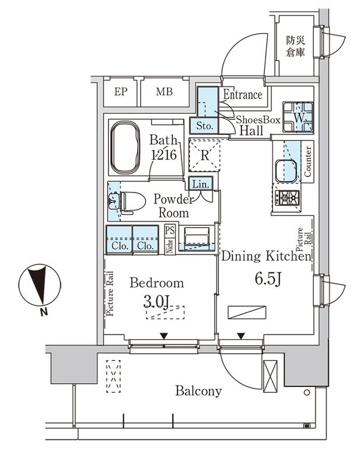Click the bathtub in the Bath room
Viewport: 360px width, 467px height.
click(x=125, y=147)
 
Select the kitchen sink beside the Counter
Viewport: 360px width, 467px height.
click(x=286, y=171)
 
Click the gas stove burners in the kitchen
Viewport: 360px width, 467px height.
click(x=287, y=198)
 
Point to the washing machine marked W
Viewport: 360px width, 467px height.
click(x=298, y=117)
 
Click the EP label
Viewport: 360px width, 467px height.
click(x=120, y=92)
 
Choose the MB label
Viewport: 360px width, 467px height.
click(x=165, y=92)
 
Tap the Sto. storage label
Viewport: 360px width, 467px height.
click(x=205, y=126)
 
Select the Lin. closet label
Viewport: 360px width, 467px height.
click(x=201, y=184)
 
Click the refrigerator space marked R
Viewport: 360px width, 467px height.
click(x=205, y=155)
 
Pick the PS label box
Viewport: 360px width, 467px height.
click(x=170, y=231)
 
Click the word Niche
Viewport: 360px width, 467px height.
click(x=170, y=246)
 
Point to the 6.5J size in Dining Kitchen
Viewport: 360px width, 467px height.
click(x=268, y=280)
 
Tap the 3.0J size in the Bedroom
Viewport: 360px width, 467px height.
click(x=156, y=302)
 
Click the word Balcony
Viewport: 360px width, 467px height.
click(x=198, y=391)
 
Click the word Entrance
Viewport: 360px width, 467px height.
click(x=243, y=95)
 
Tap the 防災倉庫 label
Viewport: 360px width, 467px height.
click(x=295, y=47)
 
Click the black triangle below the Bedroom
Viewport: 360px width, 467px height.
click(x=163, y=336)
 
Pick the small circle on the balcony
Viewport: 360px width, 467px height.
click(x=307, y=392)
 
